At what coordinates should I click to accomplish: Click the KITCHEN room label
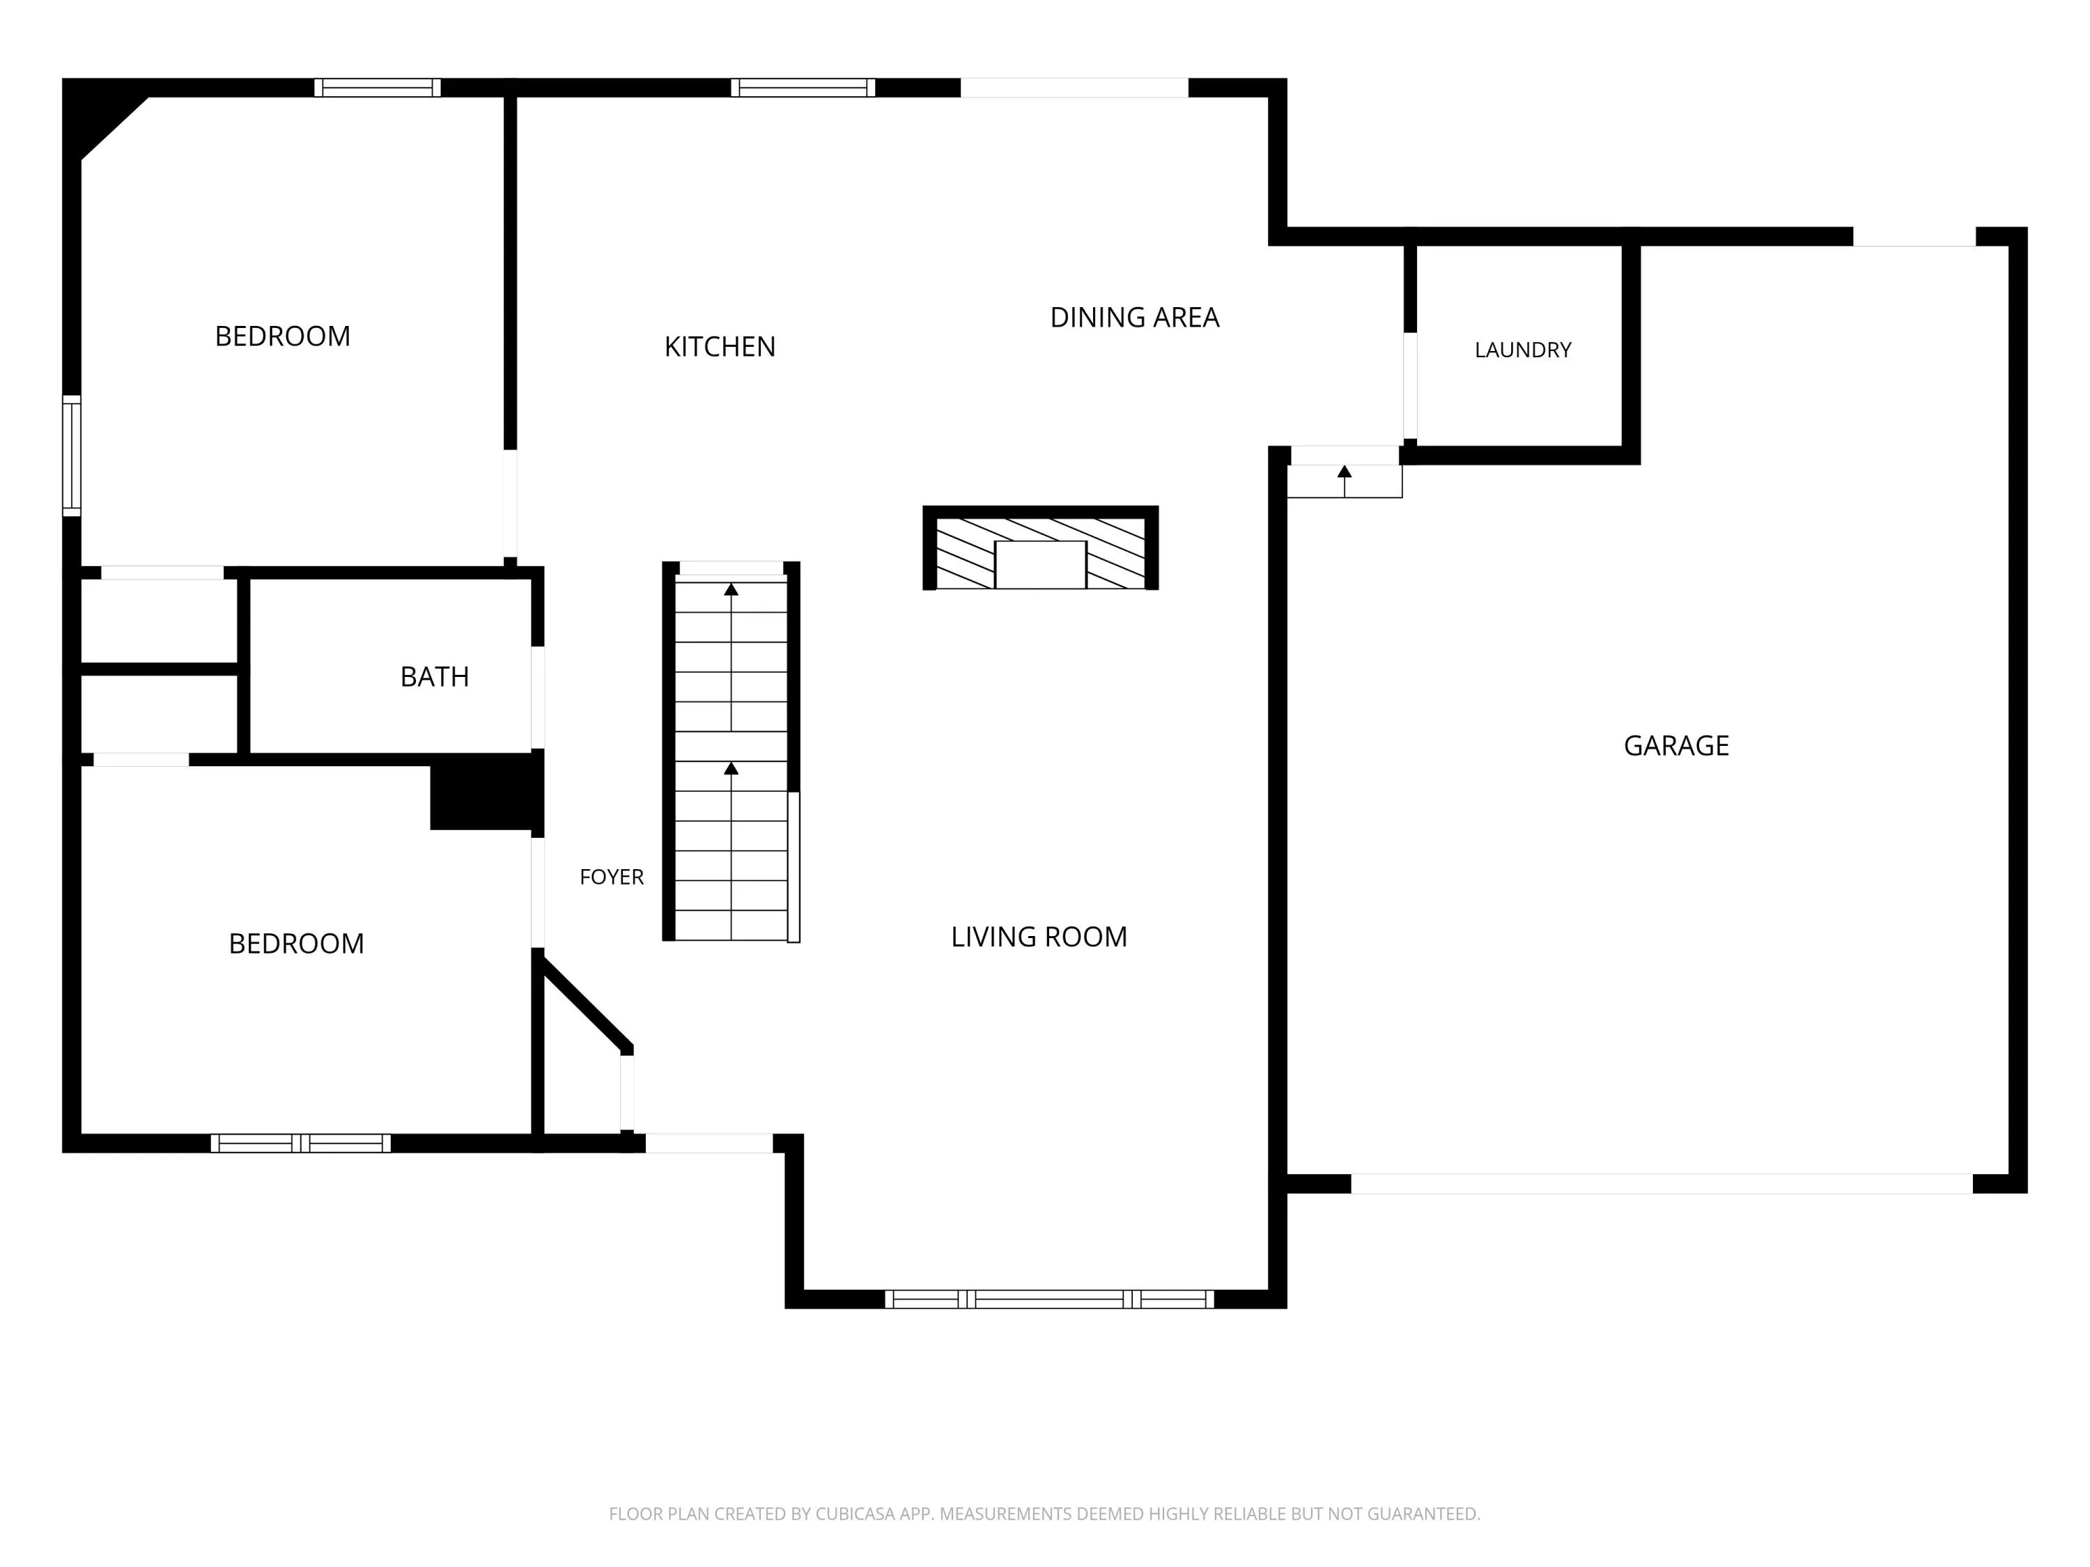[x=720, y=347]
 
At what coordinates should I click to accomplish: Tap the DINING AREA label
[x=1135, y=318]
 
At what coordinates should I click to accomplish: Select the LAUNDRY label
[x=1523, y=350]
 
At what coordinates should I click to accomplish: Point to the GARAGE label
[x=1676, y=746]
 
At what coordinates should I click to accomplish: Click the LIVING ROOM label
[x=1039, y=937]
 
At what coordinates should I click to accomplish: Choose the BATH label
[x=435, y=677]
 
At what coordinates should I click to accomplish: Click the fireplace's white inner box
[x=1040, y=565]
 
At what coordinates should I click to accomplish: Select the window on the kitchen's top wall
[x=803, y=88]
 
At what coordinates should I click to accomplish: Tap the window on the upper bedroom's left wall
[x=72, y=456]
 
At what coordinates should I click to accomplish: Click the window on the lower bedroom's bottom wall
[x=300, y=1143]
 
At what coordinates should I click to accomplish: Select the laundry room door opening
[x=1410, y=385]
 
